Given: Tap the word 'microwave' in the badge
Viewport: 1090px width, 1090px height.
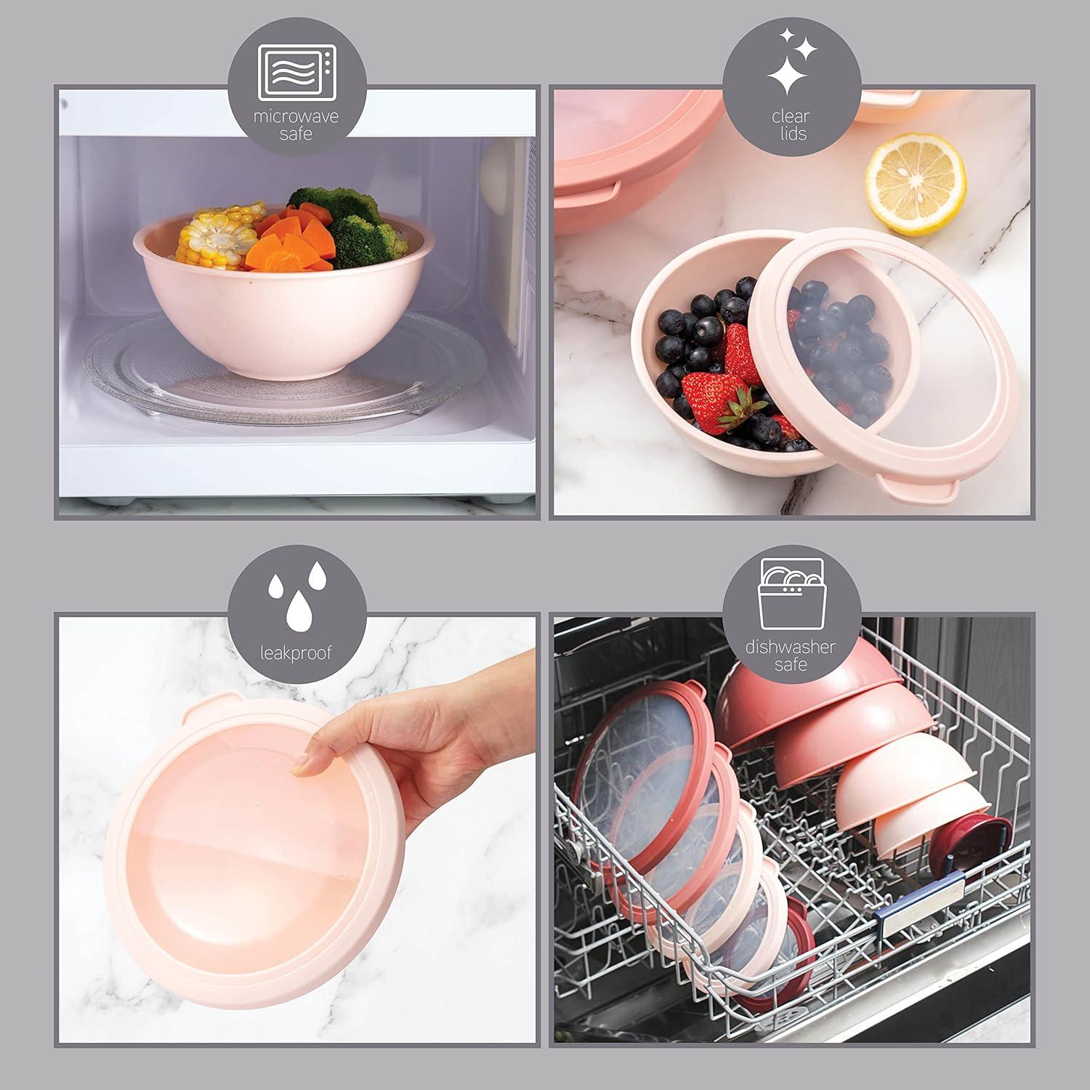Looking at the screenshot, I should click(x=296, y=116).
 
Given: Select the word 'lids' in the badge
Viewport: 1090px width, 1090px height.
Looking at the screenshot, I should click(x=792, y=134).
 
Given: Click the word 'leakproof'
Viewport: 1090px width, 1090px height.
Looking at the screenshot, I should click(x=296, y=653).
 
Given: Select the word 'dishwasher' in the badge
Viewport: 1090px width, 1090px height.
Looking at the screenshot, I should click(x=791, y=647).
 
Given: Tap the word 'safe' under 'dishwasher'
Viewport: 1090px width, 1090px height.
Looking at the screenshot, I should click(x=791, y=664).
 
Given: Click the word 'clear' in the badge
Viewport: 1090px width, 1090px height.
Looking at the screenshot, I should click(x=792, y=116).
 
